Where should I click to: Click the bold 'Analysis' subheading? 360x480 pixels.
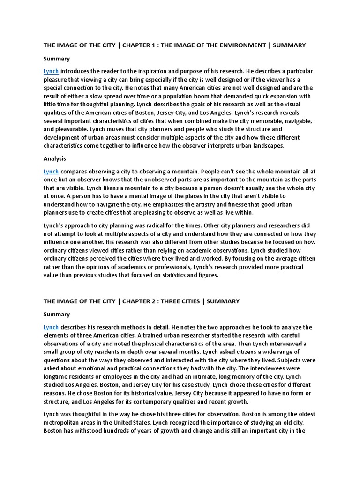pyautogui.click(x=55, y=159)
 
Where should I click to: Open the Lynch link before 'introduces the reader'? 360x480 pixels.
pyautogui.click(x=51, y=71)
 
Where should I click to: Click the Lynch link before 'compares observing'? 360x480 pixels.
pyautogui.click(x=51, y=172)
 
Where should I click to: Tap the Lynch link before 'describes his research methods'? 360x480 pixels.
pyautogui.click(x=51, y=327)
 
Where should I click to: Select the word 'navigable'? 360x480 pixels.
pyautogui.click(x=295, y=121)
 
